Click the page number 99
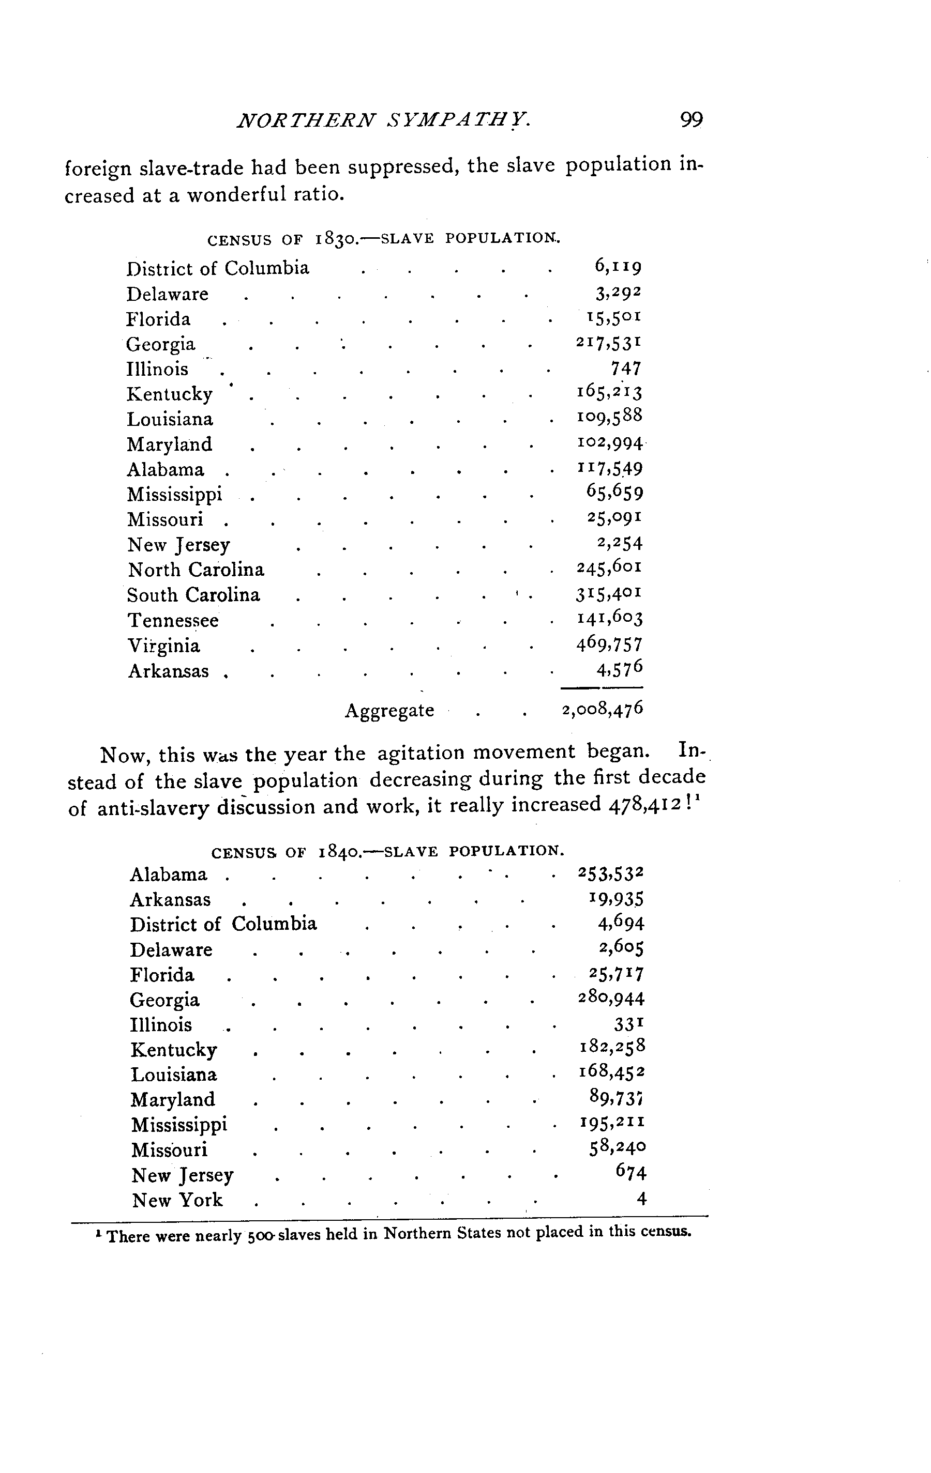(x=691, y=120)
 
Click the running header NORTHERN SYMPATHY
(x=383, y=120)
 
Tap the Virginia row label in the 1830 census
(x=163, y=646)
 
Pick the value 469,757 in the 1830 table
(x=609, y=644)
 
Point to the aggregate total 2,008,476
(x=602, y=709)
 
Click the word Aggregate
(x=389, y=711)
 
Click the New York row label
(x=177, y=1200)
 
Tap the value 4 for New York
(x=641, y=1200)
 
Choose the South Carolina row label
(x=193, y=595)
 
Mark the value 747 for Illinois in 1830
(x=625, y=368)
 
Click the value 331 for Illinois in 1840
(x=628, y=1024)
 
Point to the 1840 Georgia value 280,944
(x=611, y=999)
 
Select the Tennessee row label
(x=173, y=621)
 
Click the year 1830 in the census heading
(x=335, y=239)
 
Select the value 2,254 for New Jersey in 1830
(x=620, y=543)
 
